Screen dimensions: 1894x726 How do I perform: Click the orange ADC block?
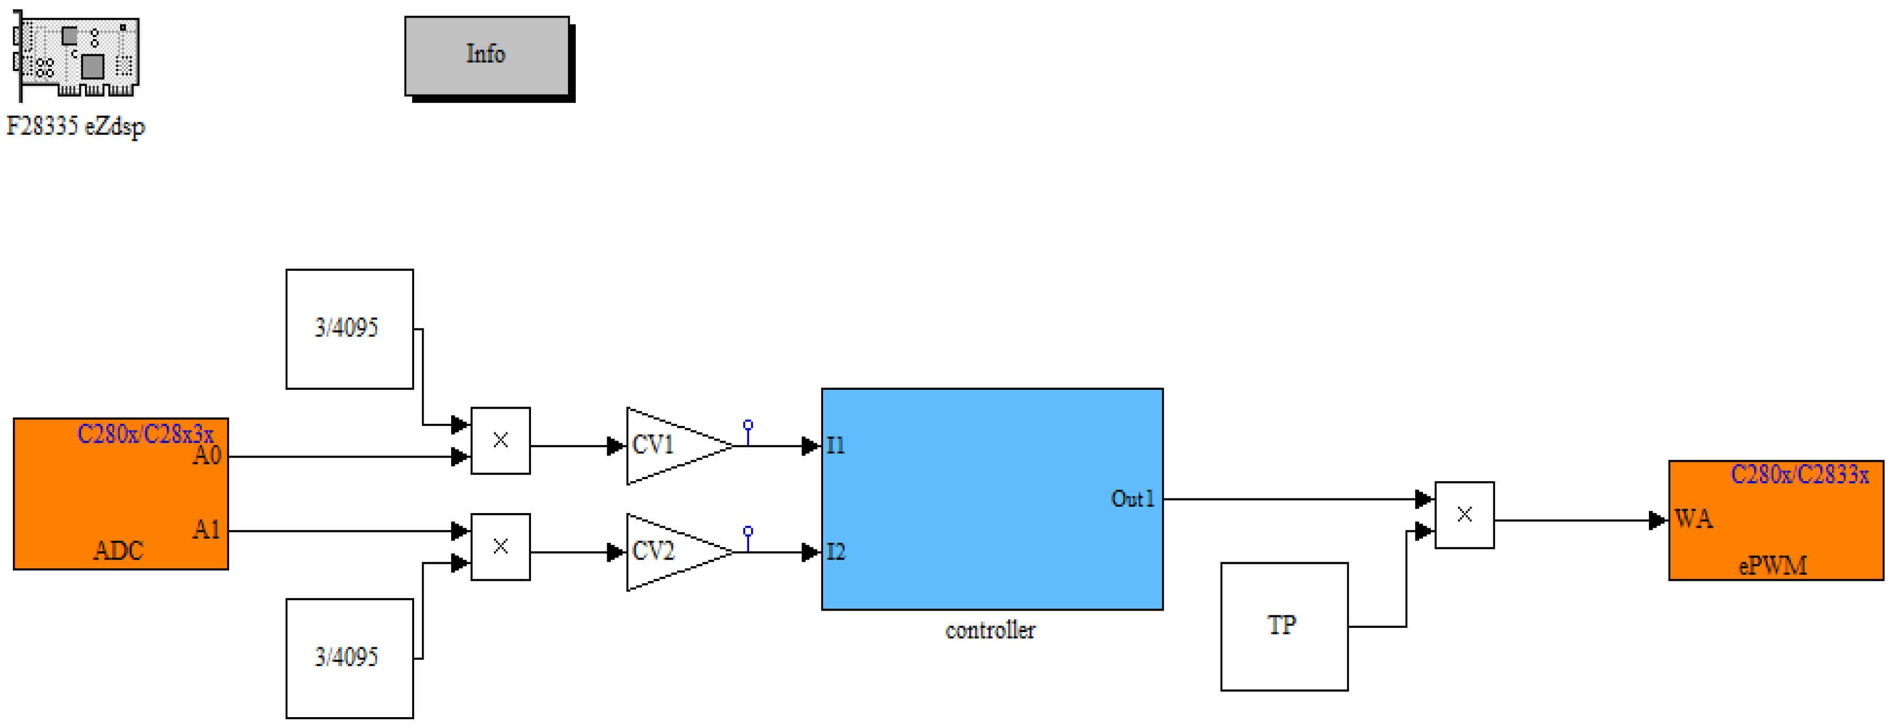(x=120, y=494)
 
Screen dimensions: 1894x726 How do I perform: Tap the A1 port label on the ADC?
(x=207, y=530)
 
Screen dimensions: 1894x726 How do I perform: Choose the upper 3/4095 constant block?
(x=349, y=329)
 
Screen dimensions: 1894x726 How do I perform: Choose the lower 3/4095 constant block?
(x=349, y=658)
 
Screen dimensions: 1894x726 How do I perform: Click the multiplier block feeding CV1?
(x=500, y=441)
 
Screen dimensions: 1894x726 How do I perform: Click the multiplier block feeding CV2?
(x=500, y=546)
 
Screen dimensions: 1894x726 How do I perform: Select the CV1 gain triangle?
(x=678, y=446)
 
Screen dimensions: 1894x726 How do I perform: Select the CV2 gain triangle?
(x=678, y=552)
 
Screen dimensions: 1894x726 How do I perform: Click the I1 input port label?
(x=835, y=445)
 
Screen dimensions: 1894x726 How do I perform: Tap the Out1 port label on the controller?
(x=1132, y=499)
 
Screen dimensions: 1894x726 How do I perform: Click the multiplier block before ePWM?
(x=1464, y=515)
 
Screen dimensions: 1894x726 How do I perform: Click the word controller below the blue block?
(x=990, y=630)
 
